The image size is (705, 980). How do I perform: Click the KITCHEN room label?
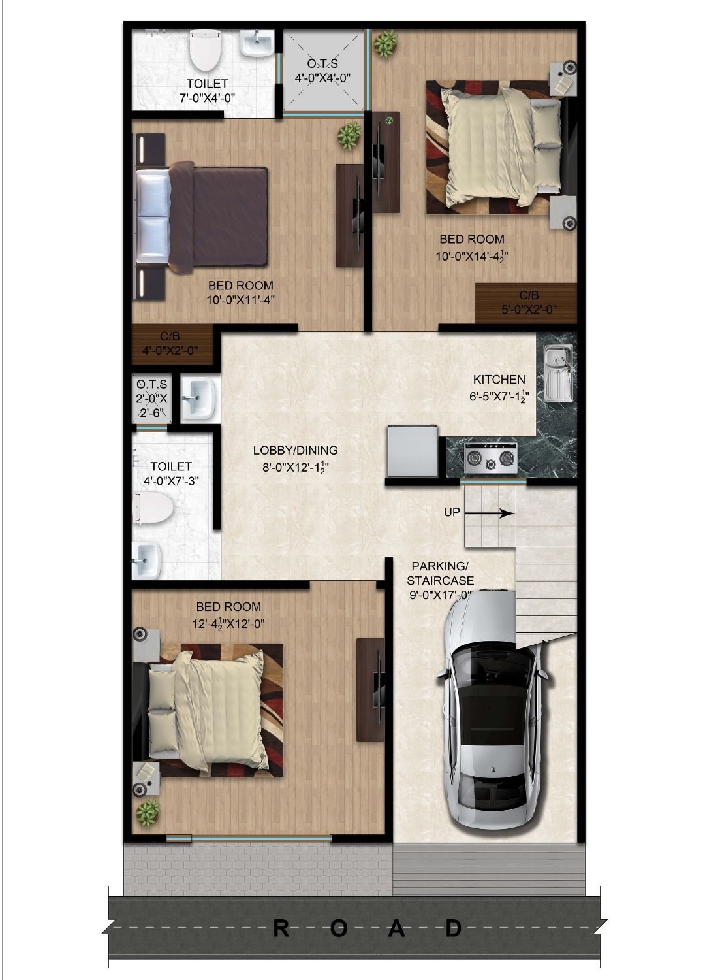tap(499, 380)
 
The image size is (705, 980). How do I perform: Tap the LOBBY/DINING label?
tap(296, 450)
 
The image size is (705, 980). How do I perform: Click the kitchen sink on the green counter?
tap(559, 374)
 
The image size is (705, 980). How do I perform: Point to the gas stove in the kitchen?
tap(490, 458)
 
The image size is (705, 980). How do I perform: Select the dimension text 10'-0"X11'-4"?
tap(241, 300)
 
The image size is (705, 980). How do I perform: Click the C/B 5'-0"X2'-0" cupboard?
tap(525, 303)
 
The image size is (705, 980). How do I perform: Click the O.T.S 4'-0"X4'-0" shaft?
tap(323, 71)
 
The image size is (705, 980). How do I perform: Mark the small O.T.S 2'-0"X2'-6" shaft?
tap(151, 399)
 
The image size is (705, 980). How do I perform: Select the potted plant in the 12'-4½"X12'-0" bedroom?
tap(148, 813)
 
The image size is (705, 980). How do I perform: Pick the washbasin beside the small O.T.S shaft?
tap(198, 398)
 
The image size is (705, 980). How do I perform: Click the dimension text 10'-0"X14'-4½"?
tap(472, 256)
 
